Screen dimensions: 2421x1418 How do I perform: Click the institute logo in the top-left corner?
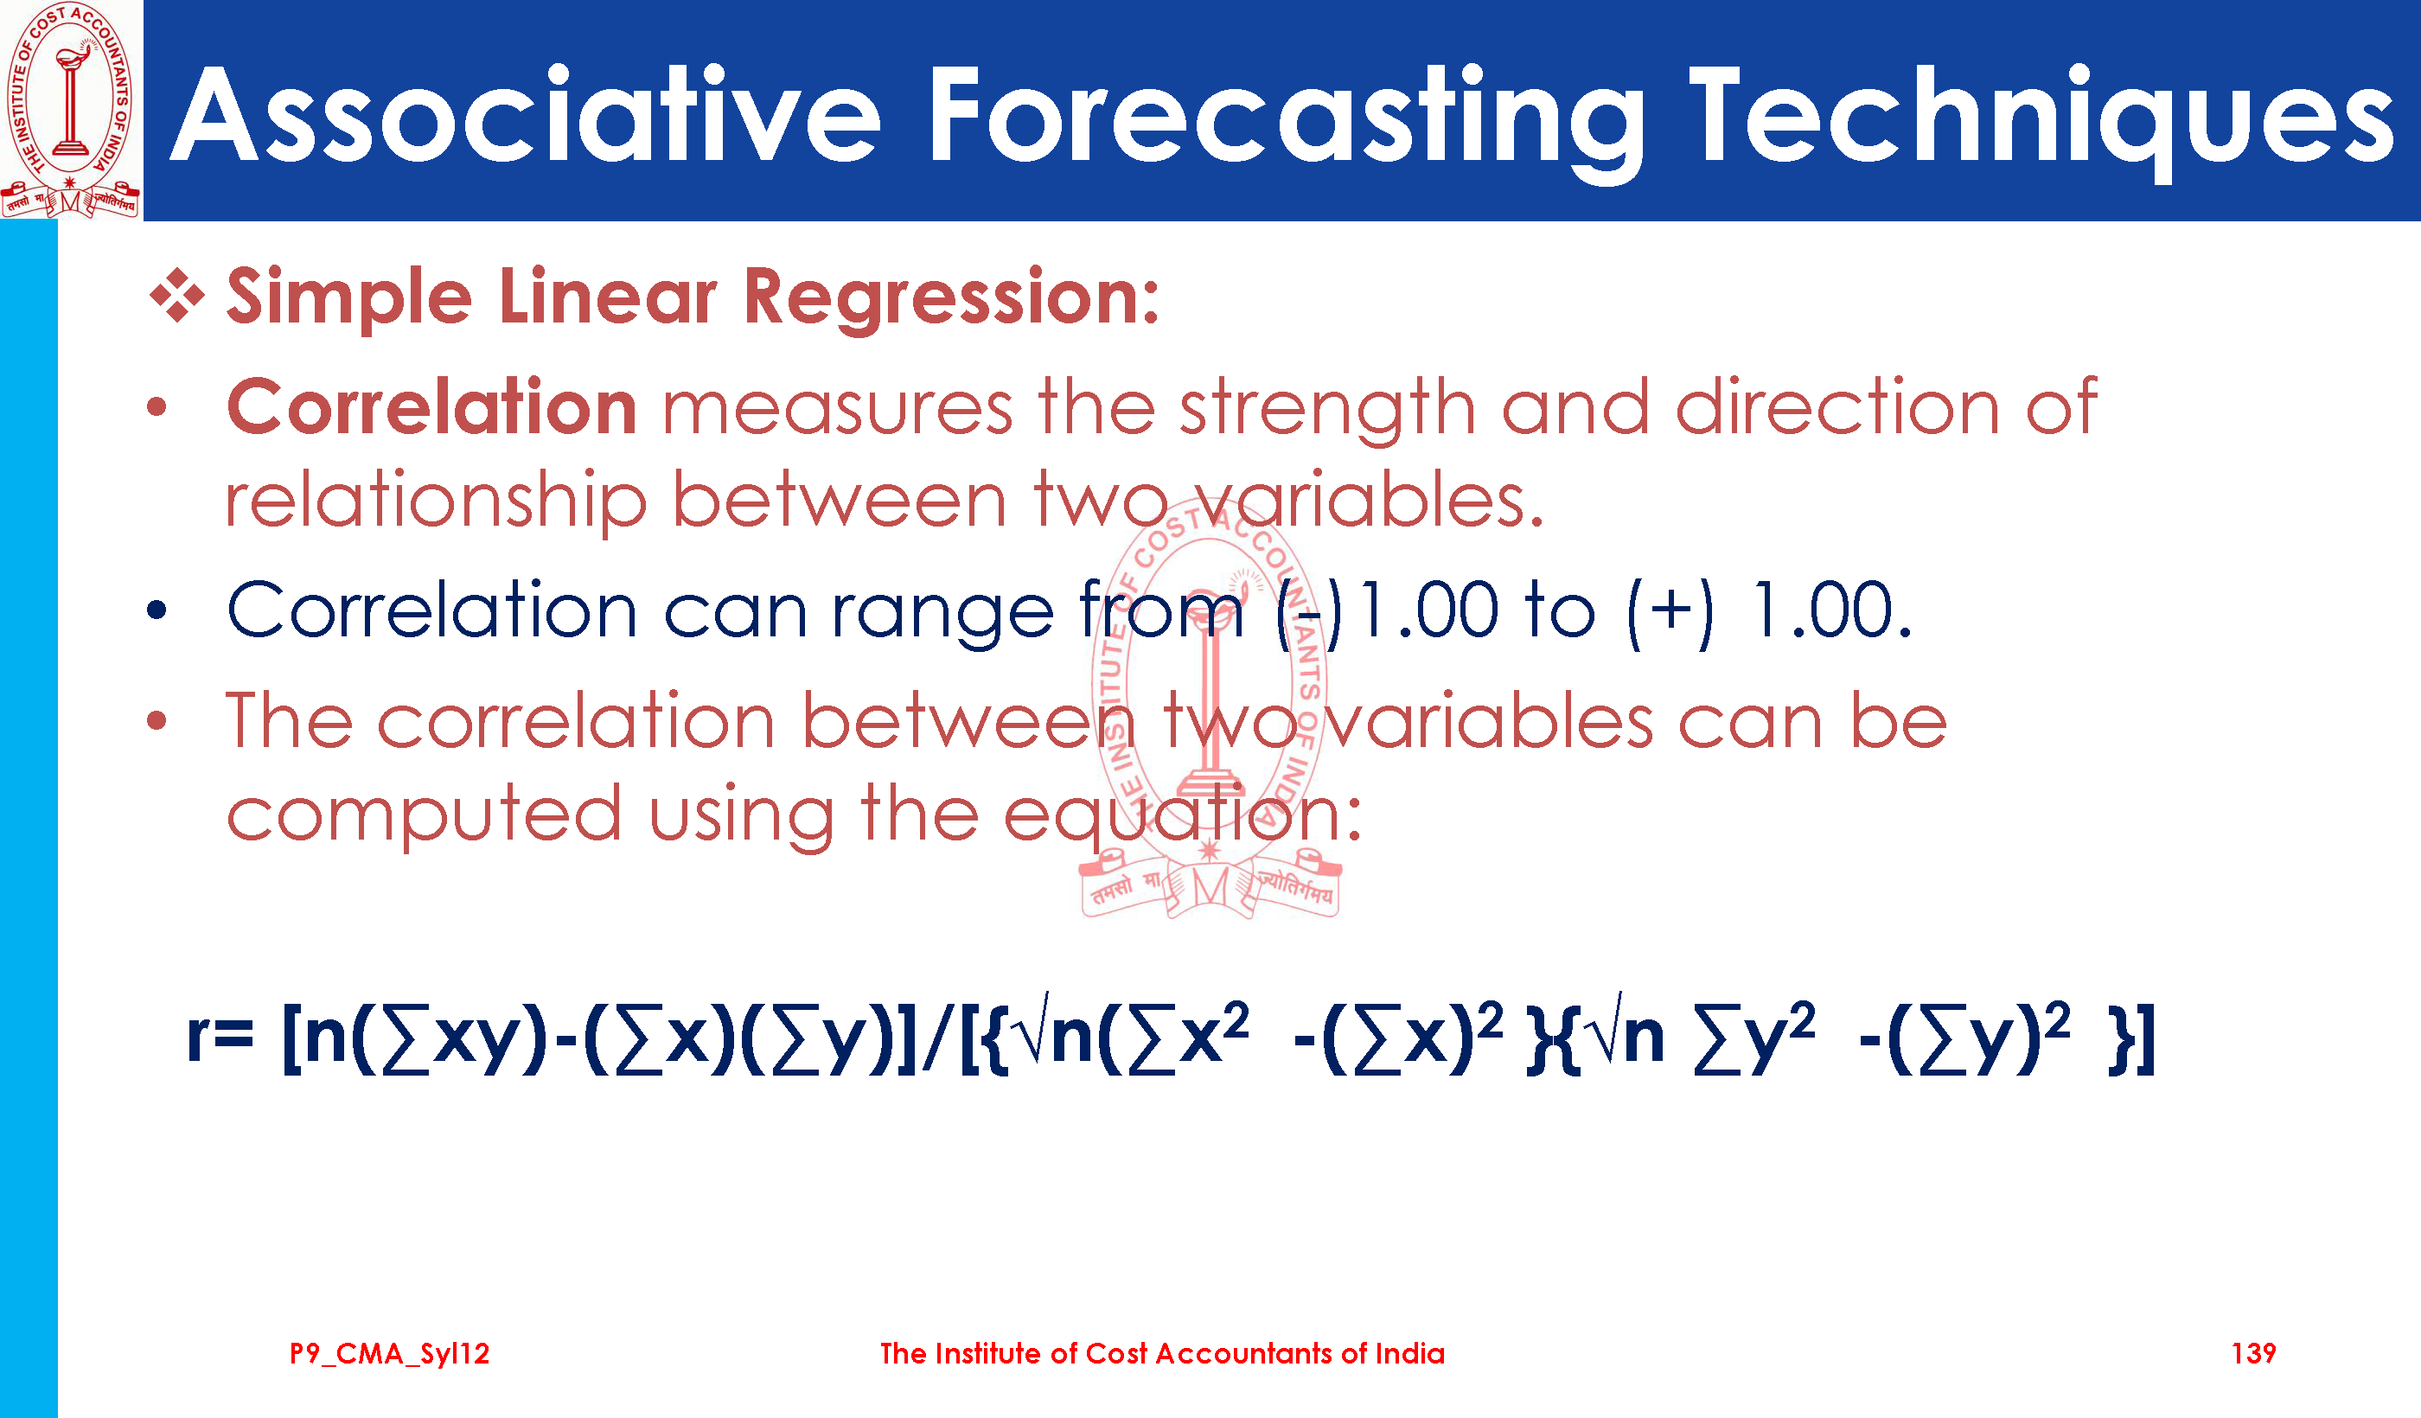tap(71, 110)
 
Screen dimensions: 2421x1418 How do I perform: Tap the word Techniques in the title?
tap(2041, 120)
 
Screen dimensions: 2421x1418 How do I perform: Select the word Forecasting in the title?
tap(1285, 120)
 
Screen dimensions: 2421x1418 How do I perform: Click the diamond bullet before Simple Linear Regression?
tap(176, 294)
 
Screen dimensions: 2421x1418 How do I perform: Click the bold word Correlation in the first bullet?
tap(431, 407)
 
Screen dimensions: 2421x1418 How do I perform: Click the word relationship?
tap(435, 501)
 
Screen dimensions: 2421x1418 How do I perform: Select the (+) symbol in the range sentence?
tap(1670, 613)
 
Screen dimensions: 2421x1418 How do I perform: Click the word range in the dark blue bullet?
tap(942, 615)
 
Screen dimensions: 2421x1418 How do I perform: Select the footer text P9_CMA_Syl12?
tap(389, 1354)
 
